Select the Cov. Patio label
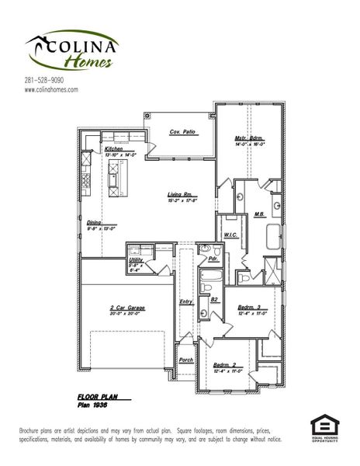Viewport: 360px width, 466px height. [x=181, y=132]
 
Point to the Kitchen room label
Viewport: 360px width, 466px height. [x=113, y=148]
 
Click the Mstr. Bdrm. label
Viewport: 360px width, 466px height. [x=250, y=139]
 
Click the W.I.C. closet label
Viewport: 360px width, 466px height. [x=230, y=234]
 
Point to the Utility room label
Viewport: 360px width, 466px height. [x=134, y=260]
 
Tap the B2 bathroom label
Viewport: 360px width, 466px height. [x=213, y=298]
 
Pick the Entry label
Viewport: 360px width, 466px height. [x=185, y=301]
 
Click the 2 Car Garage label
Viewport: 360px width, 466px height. [x=127, y=308]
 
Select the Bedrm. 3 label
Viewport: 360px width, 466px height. [x=251, y=308]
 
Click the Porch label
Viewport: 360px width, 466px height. [x=185, y=360]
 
